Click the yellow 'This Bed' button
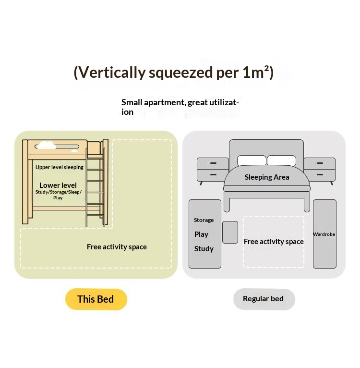pyautogui.click(x=96, y=299)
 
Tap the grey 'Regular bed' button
pyautogui.click(x=264, y=299)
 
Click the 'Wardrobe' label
pyautogui.click(x=324, y=234)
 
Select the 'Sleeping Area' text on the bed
pyautogui.click(x=267, y=177)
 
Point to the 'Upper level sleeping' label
pyautogui.click(x=60, y=167)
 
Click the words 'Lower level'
pyautogui.click(x=58, y=185)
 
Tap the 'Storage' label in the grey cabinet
pyautogui.click(x=204, y=220)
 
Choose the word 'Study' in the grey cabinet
pyautogui.click(x=204, y=249)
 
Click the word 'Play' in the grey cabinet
pyautogui.click(x=202, y=234)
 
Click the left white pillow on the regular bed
pyautogui.click(x=252, y=160)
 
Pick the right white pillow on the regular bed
pyautogui.click(x=282, y=160)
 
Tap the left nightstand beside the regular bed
pyautogui.click(x=213, y=170)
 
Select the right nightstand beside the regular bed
pyautogui.click(x=320, y=170)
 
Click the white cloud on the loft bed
pyautogui.click(x=47, y=144)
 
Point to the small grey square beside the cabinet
pyautogui.click(x=230, y=232)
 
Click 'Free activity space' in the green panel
pyautogui.click(x=117, y=247)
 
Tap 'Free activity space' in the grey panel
pyautogui.click(x=274, y=242)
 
